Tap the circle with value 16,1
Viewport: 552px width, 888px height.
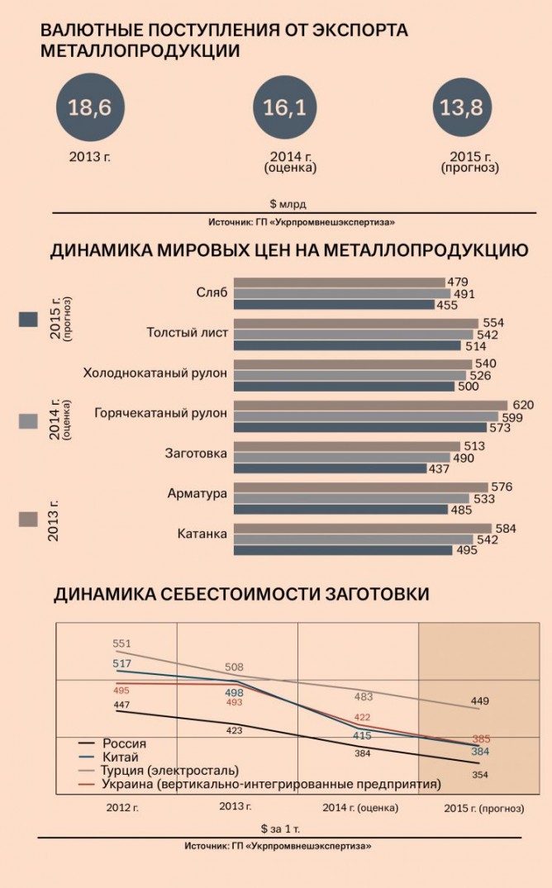coord(286,108)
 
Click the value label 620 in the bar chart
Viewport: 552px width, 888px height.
coord(523,406)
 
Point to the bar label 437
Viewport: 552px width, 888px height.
coord(438,468)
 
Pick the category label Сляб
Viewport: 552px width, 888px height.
coord(212,293)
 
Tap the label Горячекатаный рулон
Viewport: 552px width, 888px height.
coord(160,413)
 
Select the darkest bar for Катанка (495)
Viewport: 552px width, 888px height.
coord(342,549)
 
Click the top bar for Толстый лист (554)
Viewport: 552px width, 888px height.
coord(355,323)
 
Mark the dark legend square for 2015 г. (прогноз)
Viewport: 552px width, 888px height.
coord(29,320)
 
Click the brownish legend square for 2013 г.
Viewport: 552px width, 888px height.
coord(29,519)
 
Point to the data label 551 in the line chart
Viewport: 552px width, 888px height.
coord(123,643)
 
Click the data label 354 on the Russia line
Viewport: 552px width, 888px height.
coord(480,774)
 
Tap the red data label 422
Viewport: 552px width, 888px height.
coord(362,717)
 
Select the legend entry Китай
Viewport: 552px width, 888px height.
coord(120,757)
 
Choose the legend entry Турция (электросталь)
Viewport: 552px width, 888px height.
coord(169,770)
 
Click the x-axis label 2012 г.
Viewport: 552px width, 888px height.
coord(122,807)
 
